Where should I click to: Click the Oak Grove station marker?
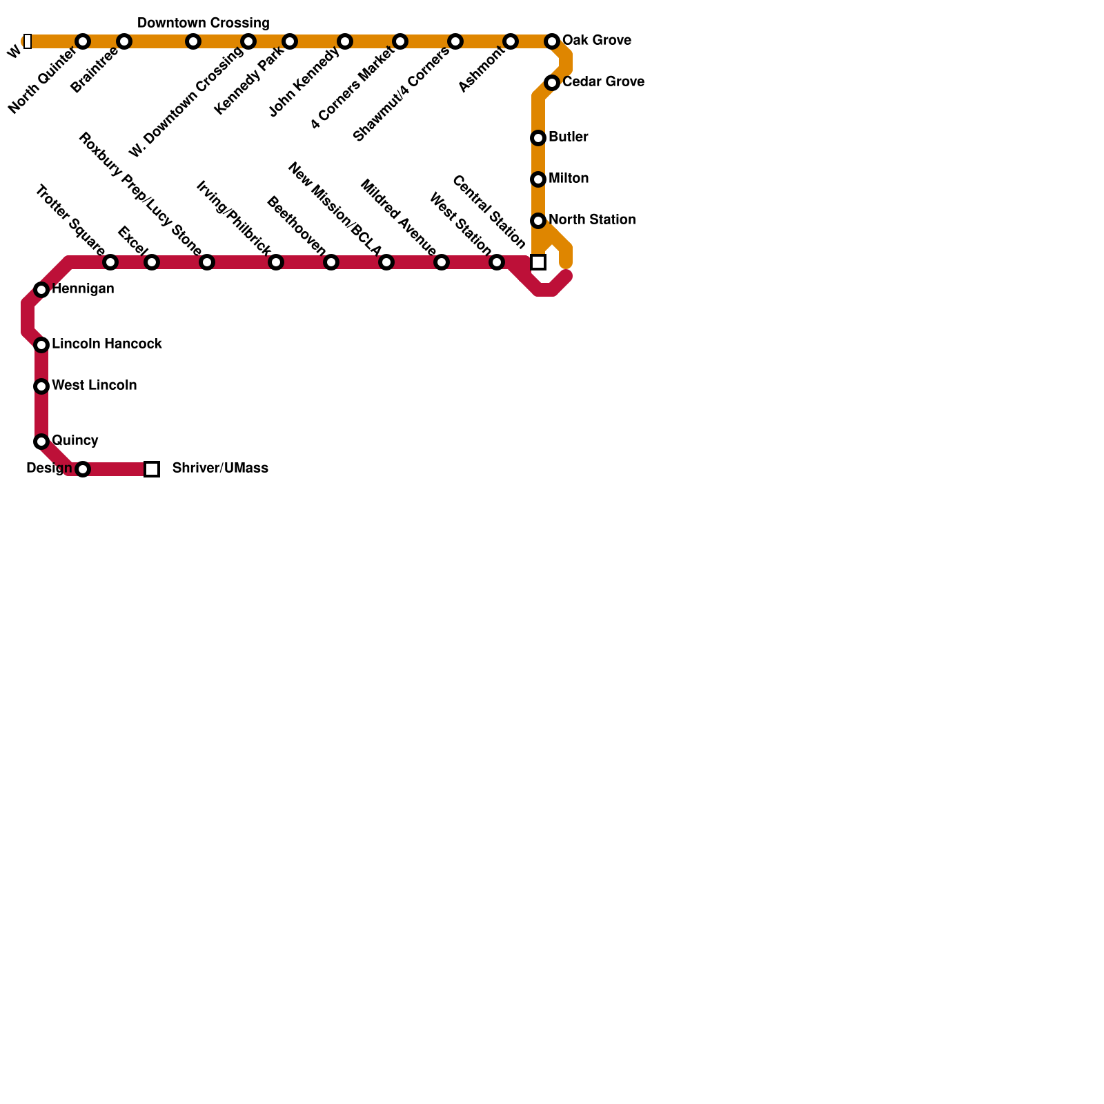[552, 41]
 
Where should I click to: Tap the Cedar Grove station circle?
[552, 83]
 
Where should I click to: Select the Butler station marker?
[538, 138]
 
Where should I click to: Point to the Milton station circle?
[538, 179]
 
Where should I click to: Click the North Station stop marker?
[538, 221]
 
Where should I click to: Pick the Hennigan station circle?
[41, 290]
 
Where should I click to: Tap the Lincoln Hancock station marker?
[41, 345]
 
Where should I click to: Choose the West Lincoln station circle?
[41, 386]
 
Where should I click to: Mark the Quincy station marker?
[41, 442]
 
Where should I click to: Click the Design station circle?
[83, 469]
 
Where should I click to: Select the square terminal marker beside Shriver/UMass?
[152, 469]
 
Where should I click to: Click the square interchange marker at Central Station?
[538, 262]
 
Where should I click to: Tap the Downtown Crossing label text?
[203, 23]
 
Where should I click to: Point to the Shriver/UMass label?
[220, 469]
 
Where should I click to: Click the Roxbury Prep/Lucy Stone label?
[140, 194]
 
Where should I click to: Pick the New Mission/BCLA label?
[334, 208]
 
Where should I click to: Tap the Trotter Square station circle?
[110, 262]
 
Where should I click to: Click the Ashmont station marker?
[511, 41]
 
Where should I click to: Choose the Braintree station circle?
[124, 41]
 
